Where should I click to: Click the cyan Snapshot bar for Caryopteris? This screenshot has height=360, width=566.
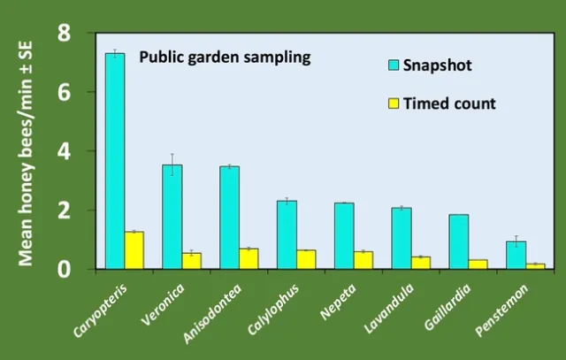115,160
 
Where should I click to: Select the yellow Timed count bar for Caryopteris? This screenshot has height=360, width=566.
134,250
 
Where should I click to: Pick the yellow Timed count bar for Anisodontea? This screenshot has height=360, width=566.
249,258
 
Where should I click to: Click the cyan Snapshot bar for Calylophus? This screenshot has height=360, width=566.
287,234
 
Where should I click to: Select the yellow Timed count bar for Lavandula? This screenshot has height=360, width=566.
420,262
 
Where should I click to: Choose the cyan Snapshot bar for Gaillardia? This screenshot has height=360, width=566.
458,241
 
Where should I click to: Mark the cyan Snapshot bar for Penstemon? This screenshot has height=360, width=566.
516,255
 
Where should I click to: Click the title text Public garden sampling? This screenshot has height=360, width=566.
226,58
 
